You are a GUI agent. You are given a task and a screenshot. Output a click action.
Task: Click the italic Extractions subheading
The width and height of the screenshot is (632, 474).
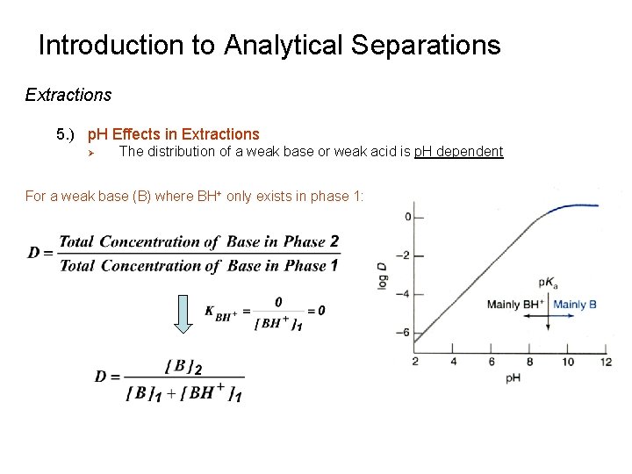click(68, 95)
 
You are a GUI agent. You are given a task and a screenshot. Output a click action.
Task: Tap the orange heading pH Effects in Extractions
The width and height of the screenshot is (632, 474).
click(173, 134)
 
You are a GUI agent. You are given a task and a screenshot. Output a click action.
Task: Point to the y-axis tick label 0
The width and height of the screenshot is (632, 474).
click(407, 217)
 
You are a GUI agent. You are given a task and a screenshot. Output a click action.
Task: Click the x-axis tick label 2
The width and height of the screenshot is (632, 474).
click(414, 362)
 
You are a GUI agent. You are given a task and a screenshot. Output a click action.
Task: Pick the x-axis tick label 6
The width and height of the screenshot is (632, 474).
click(492, 362)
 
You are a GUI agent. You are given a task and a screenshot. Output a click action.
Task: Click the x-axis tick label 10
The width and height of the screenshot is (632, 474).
click(568, 362)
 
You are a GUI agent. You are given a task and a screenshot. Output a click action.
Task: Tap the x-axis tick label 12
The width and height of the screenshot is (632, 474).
click(606, 362)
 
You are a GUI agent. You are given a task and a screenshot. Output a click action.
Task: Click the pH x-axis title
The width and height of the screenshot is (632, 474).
click(513, 378)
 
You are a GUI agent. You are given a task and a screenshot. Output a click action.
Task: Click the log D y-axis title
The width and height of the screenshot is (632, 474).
click(383, 275)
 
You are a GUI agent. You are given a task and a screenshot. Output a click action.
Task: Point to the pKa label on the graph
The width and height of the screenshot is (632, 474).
click(547, 284)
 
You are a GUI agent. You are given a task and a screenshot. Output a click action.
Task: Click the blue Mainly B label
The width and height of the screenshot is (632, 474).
click(575, 305)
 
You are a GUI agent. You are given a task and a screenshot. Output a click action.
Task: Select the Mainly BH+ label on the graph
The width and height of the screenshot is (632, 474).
click(516, 305)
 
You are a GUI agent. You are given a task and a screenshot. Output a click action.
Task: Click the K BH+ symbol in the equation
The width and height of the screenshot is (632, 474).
click(221, 312)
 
